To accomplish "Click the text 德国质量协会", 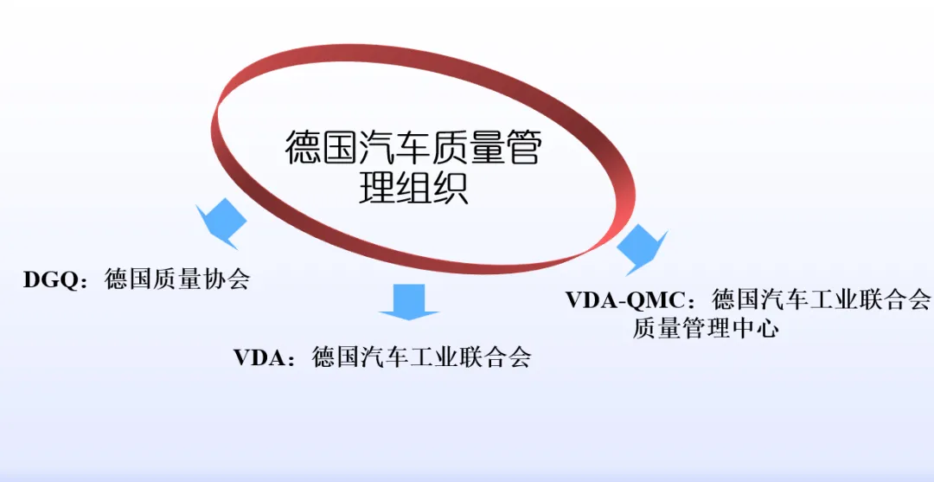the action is [x=177, y=280].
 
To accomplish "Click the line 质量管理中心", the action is [x=705, y=329].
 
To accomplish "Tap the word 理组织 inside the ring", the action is [x=414, y=188].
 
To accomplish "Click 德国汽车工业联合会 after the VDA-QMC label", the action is [x=822, y=300].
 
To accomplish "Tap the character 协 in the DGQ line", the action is [x=214, y=280].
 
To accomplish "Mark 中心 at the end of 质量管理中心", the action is [x=753, y=329].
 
